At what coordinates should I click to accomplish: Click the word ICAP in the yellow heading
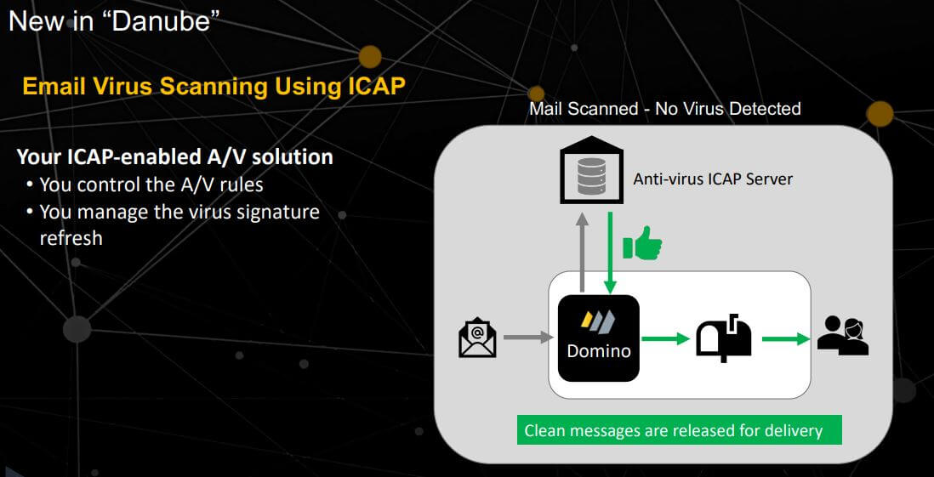point(377,87)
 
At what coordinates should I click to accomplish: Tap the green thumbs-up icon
point(641,243)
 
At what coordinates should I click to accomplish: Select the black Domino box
point(599,338)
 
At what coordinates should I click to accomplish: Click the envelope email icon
point(477,338)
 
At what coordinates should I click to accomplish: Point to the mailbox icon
point(723,338)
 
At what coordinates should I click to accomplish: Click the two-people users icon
point(843,336)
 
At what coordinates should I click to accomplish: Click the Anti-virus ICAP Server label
point(713,179)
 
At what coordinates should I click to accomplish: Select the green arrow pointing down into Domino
point(610,253)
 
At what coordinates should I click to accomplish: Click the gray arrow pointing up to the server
point(583,252)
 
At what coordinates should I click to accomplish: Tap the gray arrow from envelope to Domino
point(529,338)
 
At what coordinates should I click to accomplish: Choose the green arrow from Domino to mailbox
point(665,339)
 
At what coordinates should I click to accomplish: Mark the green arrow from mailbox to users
point(786,339)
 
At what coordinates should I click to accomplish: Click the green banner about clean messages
point(679,430)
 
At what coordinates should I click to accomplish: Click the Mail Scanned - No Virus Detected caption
point(665,109)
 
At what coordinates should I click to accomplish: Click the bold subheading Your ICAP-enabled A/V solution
point(174,156)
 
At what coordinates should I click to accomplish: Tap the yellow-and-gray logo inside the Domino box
point(598,321)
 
